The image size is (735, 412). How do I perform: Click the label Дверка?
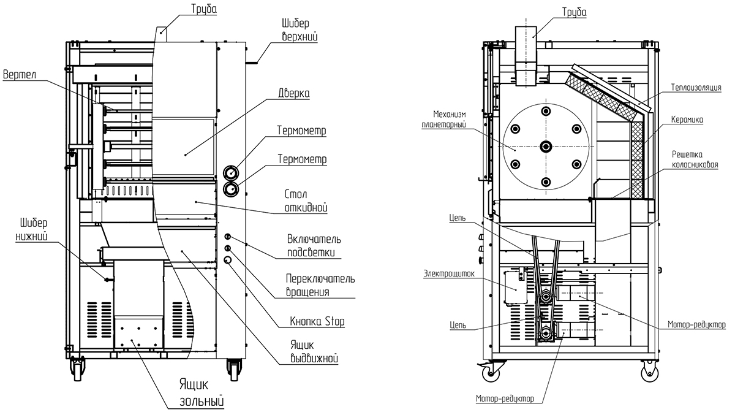coord(293,94)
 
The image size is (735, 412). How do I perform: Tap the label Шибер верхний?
coord(300,30)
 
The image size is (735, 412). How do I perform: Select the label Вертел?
coord(20,75)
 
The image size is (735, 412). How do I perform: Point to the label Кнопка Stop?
coord(317,321)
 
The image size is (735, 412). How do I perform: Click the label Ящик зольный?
coord(202,392)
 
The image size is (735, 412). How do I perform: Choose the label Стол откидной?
coord(306,201)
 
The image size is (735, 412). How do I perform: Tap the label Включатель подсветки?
coord(314,246)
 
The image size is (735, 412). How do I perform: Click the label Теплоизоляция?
coord(696,88)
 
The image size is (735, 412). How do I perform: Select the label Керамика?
coord(687,120)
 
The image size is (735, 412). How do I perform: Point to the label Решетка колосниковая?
coord(695,159)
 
